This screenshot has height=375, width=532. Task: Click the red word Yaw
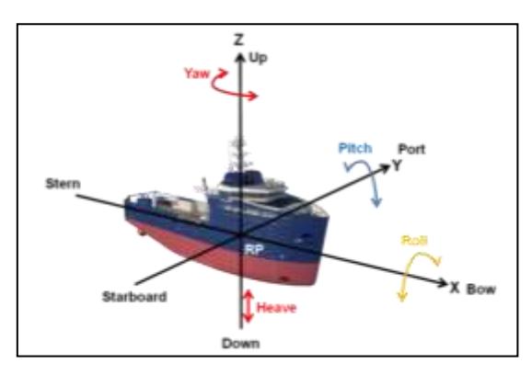(x=197, y=74)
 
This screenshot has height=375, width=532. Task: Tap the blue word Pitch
(x=355, y=148)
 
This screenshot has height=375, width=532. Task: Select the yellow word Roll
(x=414, y=240)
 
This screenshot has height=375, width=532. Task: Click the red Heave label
(x=276, y=308)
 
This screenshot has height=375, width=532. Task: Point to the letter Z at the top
(x=239, y=40)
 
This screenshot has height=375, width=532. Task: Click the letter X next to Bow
(x=455, y=288)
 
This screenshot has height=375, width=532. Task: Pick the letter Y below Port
(x=397, y=165)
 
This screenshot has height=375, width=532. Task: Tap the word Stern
(x=64, y=184)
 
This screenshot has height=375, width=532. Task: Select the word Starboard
(x=134, y=297)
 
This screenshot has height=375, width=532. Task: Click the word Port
(x=411, y=149)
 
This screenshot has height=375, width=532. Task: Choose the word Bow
(x=481, y=290)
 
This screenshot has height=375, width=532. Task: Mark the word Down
(x=241, y=344)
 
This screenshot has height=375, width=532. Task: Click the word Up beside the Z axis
(x=259, y=58)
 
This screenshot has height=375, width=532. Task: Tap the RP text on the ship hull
(x=254, y=250)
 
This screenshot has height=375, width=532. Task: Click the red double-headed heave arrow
(x=249, y=306)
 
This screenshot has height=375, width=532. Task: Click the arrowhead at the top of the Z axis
(x=240, y=58)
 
